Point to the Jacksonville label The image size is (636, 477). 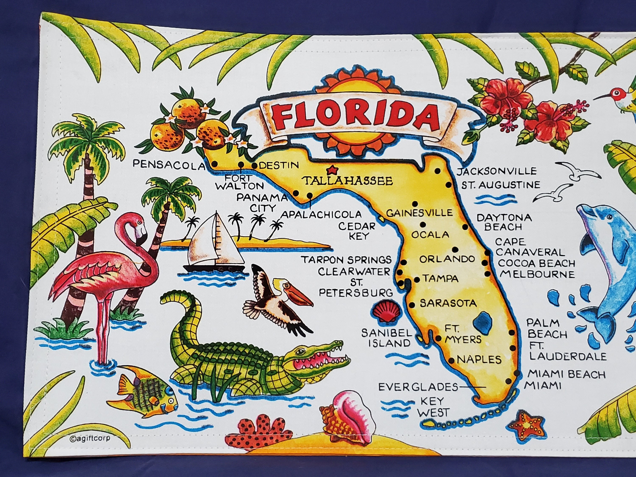(x=497, y=171)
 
